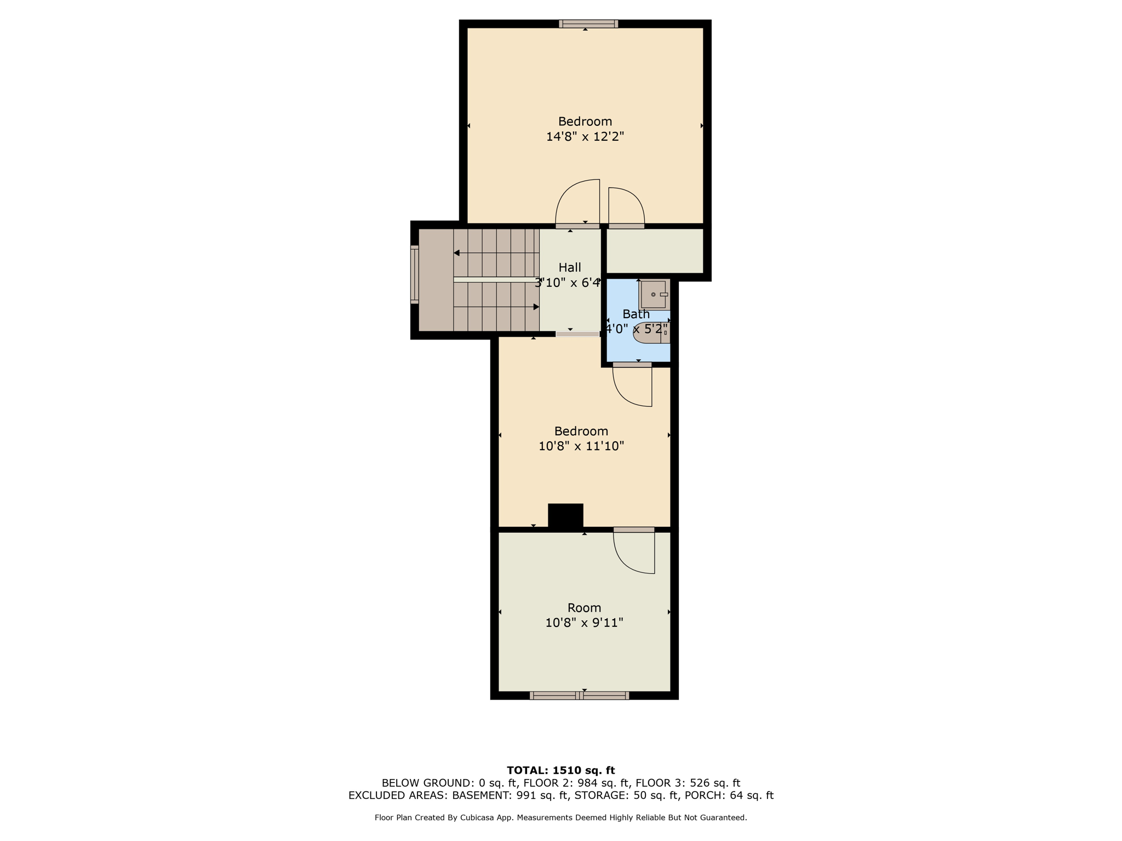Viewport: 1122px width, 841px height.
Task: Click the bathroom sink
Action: pos(654,295)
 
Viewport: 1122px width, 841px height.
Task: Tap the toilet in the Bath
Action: pos(651,332)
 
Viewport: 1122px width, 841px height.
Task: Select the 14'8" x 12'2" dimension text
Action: pos(585,136)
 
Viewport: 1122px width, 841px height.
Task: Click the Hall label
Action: pos(570,267)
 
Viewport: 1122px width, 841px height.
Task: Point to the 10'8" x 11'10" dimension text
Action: pos(581,446)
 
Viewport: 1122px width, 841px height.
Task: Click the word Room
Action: pos(585,608)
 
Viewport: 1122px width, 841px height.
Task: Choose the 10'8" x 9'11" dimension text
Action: pos(585,623)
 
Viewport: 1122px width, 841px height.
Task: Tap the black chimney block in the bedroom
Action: pos(565,516)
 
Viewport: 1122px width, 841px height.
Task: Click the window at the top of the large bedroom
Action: pos(588,24)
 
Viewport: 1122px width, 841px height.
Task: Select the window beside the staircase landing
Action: pos(415,274)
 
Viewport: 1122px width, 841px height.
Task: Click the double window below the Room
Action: pos(579,695)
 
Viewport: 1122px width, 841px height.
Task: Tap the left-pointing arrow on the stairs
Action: pos(496,253)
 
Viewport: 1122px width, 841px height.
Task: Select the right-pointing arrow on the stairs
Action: pos(496,307)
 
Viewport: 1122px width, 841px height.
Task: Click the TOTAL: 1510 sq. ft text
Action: pos(561,770)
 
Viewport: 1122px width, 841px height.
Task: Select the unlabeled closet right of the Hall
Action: pos(655,250)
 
